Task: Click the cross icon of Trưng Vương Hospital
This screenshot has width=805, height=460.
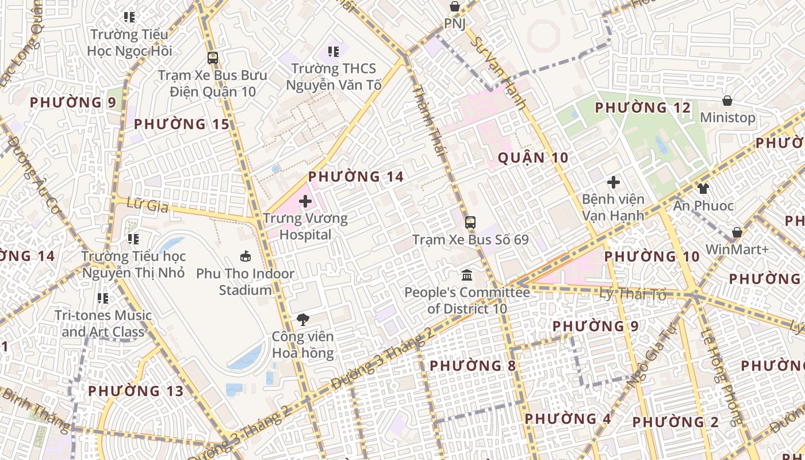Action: (305, 202)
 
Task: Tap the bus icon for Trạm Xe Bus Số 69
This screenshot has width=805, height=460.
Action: (470, 222)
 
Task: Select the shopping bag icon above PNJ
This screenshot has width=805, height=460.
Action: (455, 6)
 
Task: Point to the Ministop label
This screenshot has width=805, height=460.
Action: (727, 118)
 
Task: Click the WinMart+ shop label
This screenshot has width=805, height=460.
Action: (737, 250)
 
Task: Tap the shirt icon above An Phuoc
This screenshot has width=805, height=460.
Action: (703, 188)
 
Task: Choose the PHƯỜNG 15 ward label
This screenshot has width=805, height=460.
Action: (181, 124)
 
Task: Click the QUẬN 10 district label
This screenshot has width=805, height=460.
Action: (532, 158)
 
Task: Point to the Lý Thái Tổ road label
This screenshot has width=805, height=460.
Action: (632, 295)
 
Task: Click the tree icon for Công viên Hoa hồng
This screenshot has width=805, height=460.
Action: (302, 320)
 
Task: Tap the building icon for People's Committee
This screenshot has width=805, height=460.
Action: (467, 275)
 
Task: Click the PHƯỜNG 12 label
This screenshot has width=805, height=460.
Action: (642, 108)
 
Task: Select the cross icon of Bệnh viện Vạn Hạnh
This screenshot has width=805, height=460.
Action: (614, 182)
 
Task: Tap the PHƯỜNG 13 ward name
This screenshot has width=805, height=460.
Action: (136, 391)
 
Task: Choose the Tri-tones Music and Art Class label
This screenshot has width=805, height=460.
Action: (103, 323)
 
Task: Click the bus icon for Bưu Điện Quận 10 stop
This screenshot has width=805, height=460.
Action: (213, 57)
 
